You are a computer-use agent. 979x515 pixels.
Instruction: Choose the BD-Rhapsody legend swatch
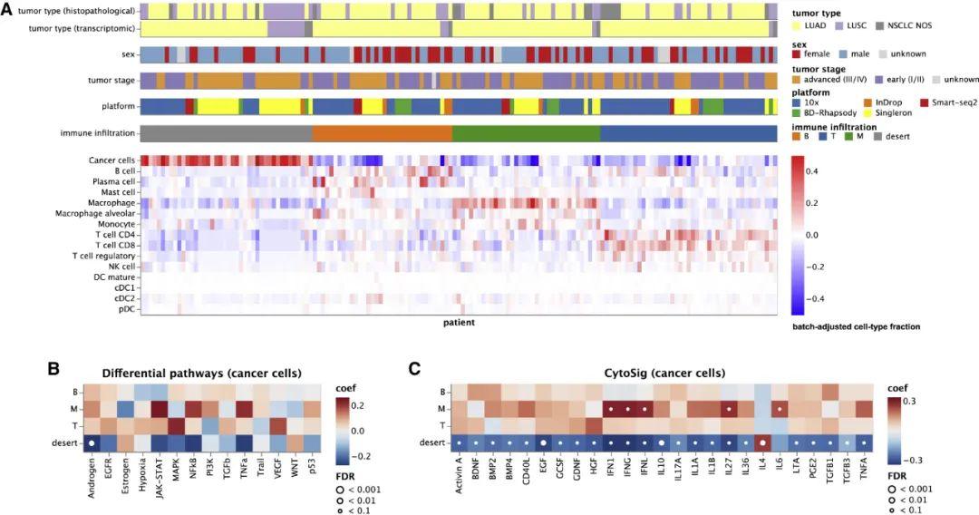(798, 115)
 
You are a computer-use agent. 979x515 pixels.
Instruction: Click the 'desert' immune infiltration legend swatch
(878, 137)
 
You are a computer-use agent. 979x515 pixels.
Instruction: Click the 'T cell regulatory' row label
(104, 256)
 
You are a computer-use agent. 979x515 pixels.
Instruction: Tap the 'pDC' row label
(125, 308)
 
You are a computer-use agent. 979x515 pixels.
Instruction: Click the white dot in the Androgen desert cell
(92, 442)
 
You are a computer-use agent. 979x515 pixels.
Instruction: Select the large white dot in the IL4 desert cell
(762, 442)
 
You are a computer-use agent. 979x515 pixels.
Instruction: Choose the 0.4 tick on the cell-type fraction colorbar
(811, 170)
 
